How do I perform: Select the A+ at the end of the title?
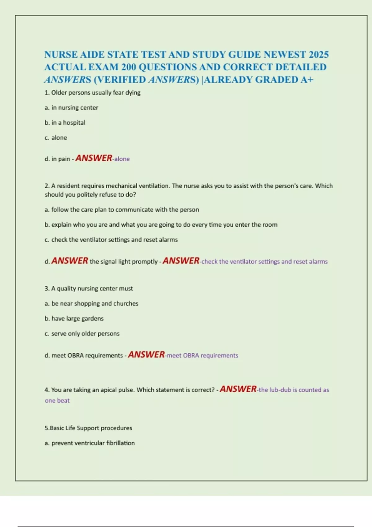pos(307,80)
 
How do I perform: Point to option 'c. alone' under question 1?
pos(56,138)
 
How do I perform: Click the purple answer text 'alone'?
pos(122,159)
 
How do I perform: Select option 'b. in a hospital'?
pos(65,123)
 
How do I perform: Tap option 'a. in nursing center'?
pos(71,108)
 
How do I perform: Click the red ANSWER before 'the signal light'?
pos(70,261)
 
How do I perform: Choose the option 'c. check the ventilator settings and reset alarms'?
pos(111,240)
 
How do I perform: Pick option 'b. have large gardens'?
pos(74,318)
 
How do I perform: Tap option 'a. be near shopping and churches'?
pos(91,303)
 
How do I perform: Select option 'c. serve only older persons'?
pos(82,334)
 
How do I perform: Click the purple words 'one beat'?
pos(57,401)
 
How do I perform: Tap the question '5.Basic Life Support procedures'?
pos(88,428)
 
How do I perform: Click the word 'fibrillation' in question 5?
pos(120,443)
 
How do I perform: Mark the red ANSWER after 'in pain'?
pos(94,158)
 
